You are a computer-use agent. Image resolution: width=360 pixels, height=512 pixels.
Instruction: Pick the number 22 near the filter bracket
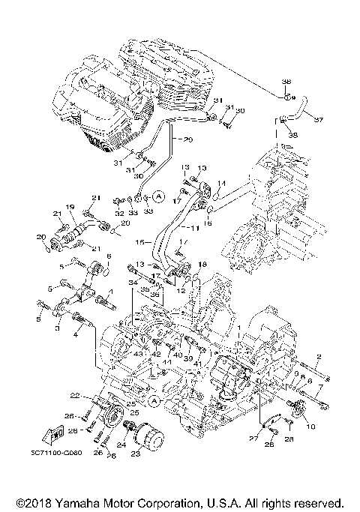click(x=75, y=395)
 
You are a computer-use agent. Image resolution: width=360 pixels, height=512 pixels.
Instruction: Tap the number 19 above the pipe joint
click(x=68, y=207)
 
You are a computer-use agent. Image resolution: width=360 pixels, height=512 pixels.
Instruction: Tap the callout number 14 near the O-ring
click(x=221, y=183)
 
